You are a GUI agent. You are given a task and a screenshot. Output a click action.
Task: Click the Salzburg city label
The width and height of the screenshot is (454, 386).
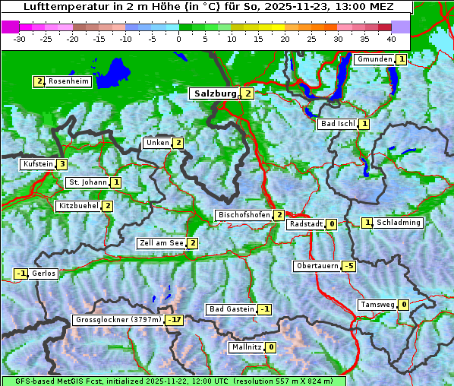(216, 93)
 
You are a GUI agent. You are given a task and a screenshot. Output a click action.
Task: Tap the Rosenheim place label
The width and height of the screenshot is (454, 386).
(68, 81)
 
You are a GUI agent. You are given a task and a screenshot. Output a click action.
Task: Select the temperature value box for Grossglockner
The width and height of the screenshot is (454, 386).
(175, 320)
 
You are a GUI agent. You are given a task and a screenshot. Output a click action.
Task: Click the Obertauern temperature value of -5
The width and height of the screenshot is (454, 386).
(348, 266)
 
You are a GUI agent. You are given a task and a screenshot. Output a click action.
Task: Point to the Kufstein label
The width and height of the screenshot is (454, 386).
(38, 164)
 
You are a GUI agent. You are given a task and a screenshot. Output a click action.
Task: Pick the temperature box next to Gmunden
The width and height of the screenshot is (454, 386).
(400, 59)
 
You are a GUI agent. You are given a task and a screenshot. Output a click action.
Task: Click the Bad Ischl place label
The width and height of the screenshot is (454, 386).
(338, 124)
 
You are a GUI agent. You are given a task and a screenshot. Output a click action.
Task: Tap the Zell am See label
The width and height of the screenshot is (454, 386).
(162, 243)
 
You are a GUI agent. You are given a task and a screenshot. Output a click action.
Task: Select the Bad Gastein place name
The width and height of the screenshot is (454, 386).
(232, 309)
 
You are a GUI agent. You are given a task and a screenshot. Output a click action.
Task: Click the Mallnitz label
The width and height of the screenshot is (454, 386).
(246, 347)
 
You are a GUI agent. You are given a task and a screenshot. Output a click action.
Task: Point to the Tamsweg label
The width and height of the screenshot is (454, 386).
(377, 305)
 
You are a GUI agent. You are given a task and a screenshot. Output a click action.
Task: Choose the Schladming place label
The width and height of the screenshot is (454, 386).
(399, 223)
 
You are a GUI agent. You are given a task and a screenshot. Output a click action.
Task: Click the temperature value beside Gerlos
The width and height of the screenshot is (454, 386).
(21, 274)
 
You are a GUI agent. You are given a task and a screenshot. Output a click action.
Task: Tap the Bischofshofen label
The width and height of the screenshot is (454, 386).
(244, 216)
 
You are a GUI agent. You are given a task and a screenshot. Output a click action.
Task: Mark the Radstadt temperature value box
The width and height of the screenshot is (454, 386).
(331, 224)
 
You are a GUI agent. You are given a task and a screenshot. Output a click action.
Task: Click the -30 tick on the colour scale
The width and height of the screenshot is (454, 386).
(20, 38)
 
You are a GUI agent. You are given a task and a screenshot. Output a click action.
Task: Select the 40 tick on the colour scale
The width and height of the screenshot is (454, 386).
(391, 38)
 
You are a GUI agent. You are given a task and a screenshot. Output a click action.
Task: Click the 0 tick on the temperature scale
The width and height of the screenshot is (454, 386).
(178, 38)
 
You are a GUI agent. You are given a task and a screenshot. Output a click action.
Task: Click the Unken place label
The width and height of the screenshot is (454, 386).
(157, 143)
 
